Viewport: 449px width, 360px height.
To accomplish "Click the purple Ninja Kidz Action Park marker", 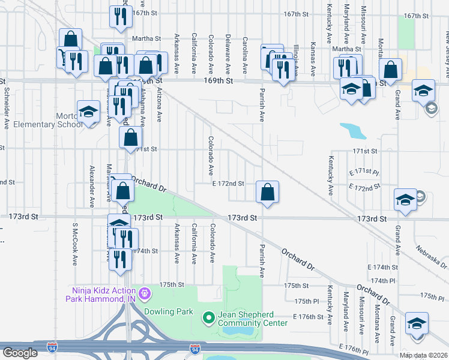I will click(144, 294).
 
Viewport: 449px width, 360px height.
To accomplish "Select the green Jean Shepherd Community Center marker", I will click(208, 316).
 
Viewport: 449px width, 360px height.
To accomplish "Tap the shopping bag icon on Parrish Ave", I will click(267, 192).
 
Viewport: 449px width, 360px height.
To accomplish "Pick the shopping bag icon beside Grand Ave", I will click(390, 70).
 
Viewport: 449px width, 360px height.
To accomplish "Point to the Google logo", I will click(20, 353).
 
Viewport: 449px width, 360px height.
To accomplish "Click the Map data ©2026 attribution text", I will click(423, 355).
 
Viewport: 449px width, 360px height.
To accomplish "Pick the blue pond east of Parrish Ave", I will click(354, 131).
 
